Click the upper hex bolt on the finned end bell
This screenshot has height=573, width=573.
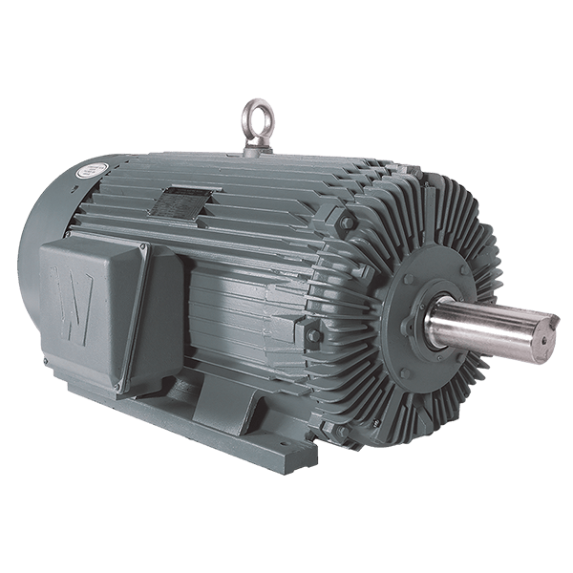pos(346,223)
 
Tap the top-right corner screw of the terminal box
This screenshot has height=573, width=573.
pos(143,251)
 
